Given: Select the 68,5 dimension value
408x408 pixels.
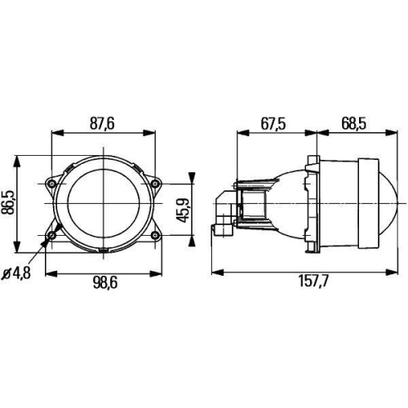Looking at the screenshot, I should [x=352, y=122].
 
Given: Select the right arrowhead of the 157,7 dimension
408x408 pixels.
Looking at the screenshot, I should [x=397, y=270].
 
